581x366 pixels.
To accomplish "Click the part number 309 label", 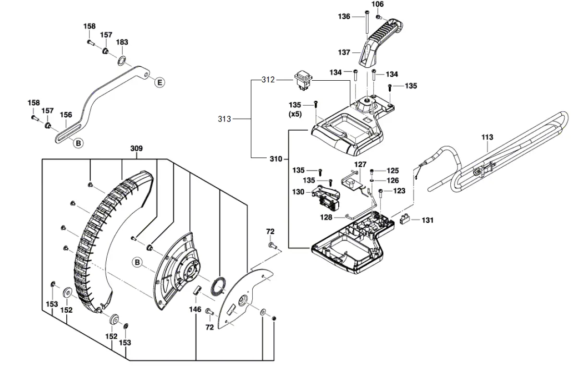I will (x=136, y=149).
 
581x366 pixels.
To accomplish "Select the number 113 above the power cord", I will (x=487, y=137).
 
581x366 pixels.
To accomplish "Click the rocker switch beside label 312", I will (x=303, y=80).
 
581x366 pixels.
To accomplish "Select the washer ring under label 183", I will (x=122, y=61).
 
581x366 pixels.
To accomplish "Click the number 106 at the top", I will (x=378, y=4).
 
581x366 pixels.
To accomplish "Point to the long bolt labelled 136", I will (x=366, y=26).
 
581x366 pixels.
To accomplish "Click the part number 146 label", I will (x=195, y=310).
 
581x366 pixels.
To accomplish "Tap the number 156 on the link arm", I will (x=66, y=115).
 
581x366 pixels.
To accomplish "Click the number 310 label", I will (x=275, y=158).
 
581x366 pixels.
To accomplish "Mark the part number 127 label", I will (x=360, y=164).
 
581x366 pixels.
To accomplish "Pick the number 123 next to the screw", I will (x=399, y=191).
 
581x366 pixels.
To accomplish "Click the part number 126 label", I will (x=393, y=181).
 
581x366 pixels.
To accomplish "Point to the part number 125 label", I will (x=393, y=171).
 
